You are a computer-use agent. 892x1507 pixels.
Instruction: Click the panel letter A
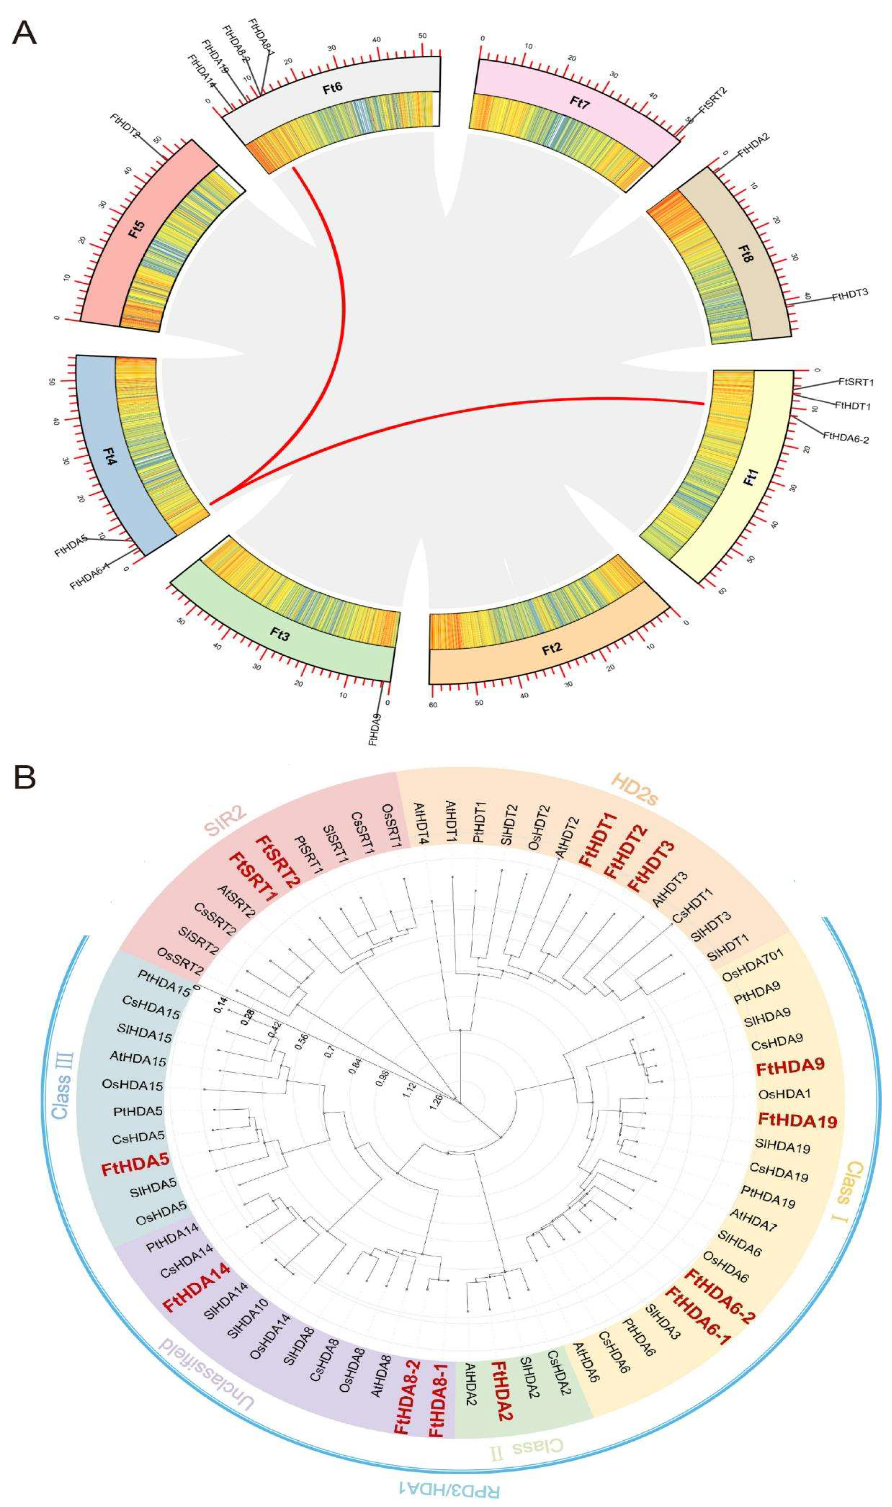24,33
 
